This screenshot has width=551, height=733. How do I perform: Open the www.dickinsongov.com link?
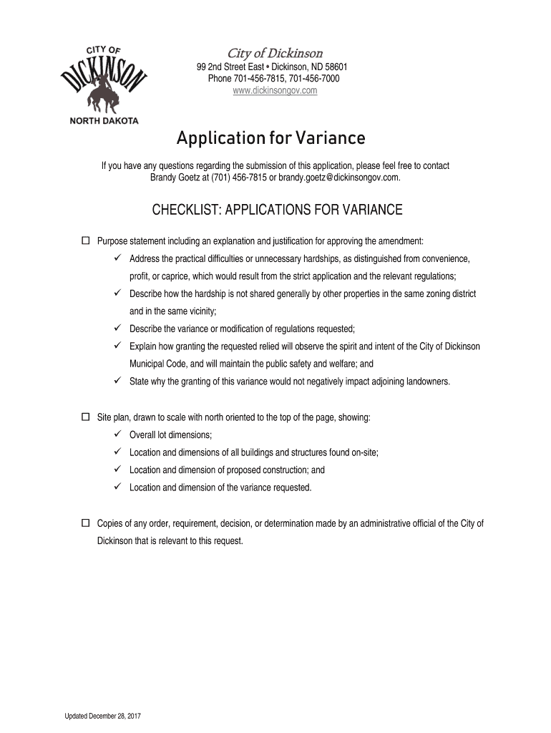pos(275,91)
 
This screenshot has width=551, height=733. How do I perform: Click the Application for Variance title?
pos(275,137)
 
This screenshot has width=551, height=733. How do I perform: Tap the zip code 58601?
pos(334,67)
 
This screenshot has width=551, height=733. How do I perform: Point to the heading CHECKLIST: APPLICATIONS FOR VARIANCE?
pos(278,210)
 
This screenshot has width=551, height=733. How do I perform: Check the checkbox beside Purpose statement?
pos(86,240)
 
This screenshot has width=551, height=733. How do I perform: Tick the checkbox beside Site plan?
pos(86,417)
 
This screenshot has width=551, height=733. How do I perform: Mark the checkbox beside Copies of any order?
pos(86,523)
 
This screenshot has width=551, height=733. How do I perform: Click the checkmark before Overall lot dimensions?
pos(118,435)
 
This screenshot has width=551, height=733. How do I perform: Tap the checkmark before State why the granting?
pos(118,382)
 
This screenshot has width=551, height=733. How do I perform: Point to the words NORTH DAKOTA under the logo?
pos(104,121)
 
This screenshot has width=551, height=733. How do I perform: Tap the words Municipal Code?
pos(160,364)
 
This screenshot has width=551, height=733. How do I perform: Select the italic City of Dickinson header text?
pos(275,54)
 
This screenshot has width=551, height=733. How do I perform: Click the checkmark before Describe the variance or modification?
pos(118,329)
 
